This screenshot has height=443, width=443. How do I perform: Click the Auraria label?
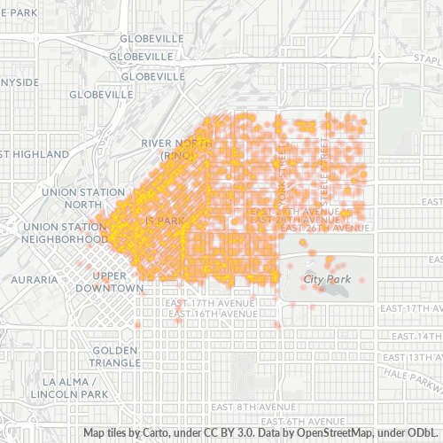coord(35,279)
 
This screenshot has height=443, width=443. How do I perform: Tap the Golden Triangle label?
coord(114,356)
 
